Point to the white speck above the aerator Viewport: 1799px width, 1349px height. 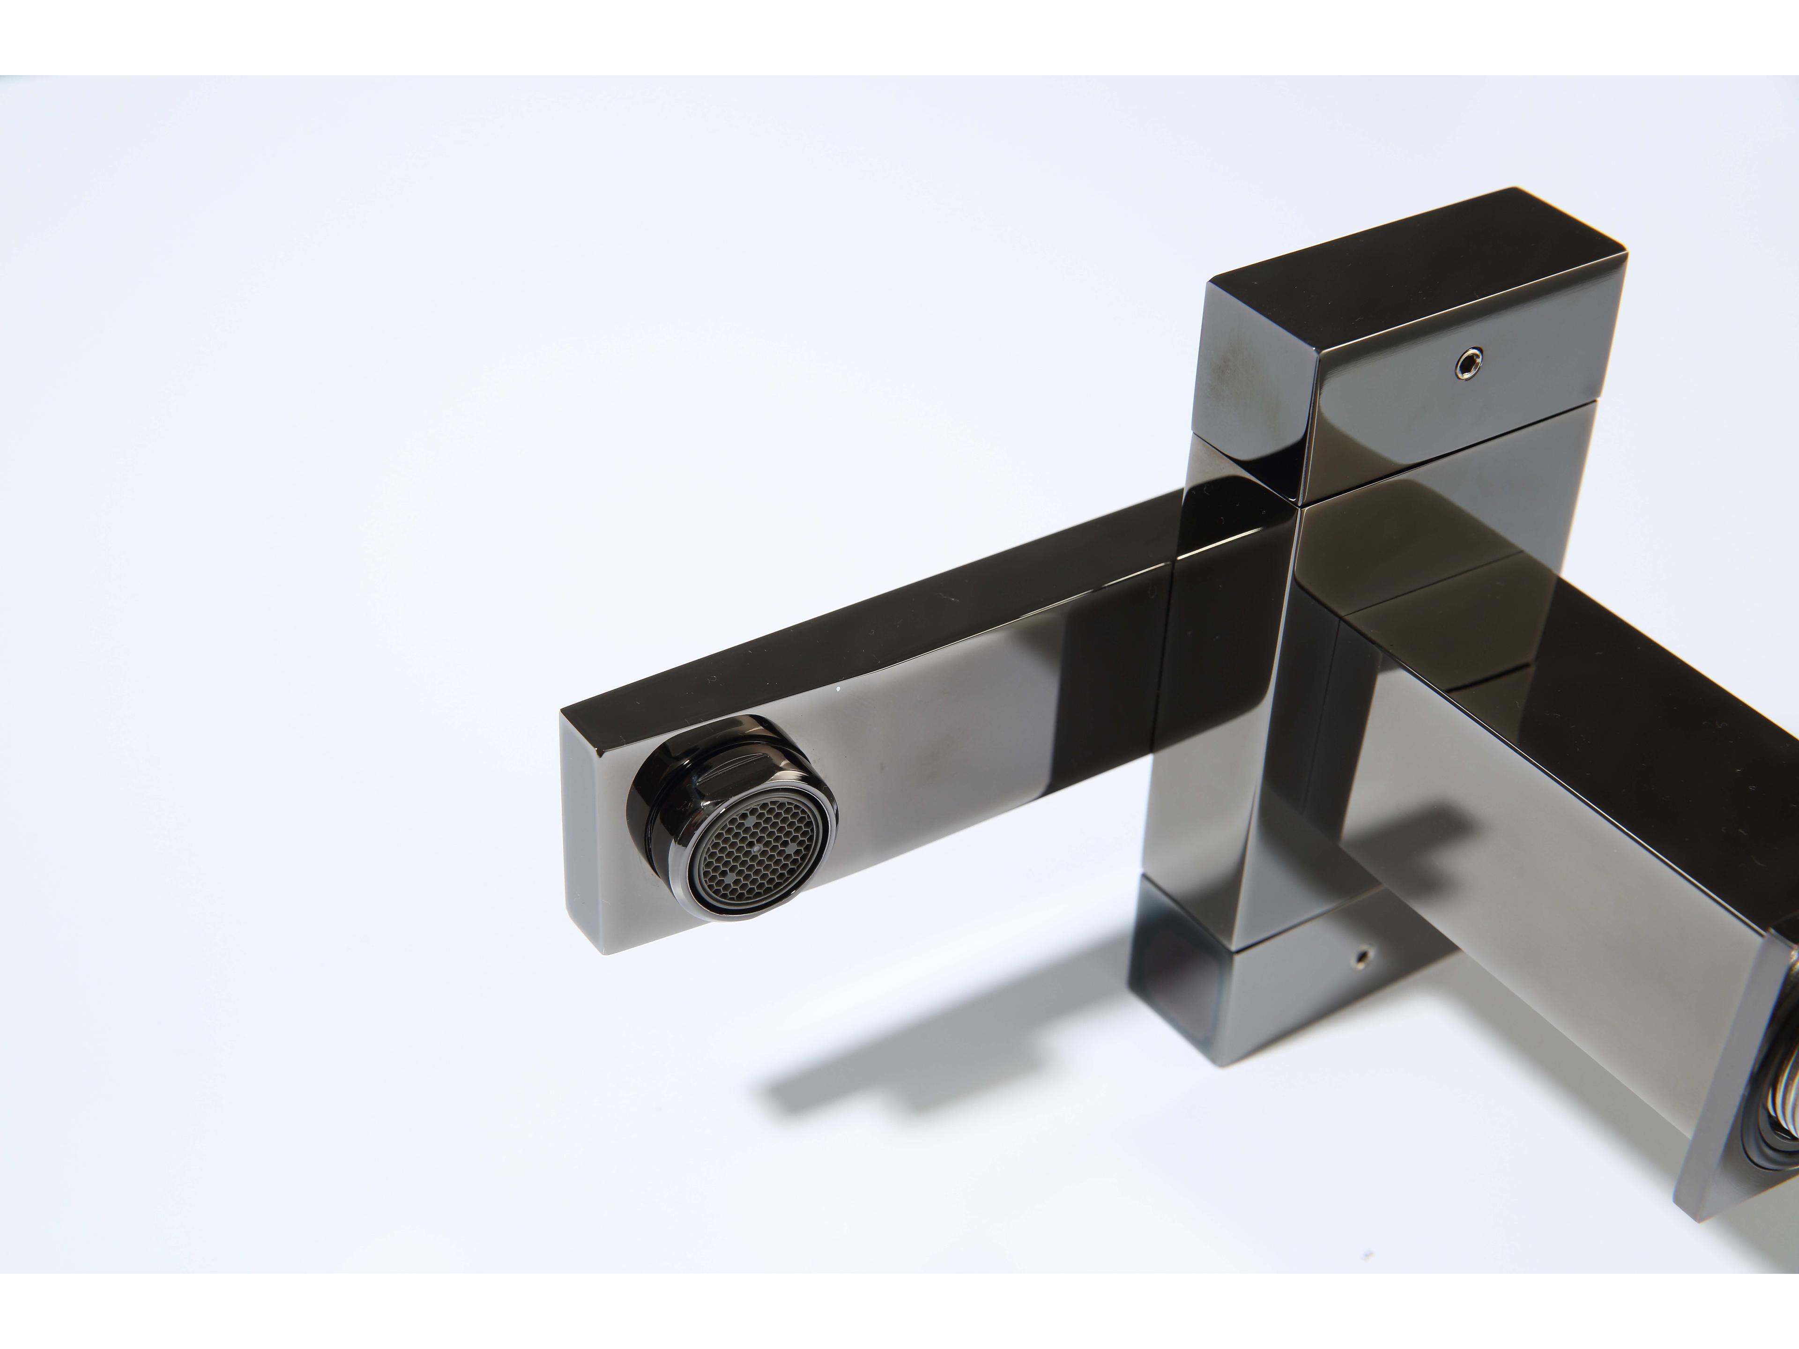(x=839, y=689)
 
